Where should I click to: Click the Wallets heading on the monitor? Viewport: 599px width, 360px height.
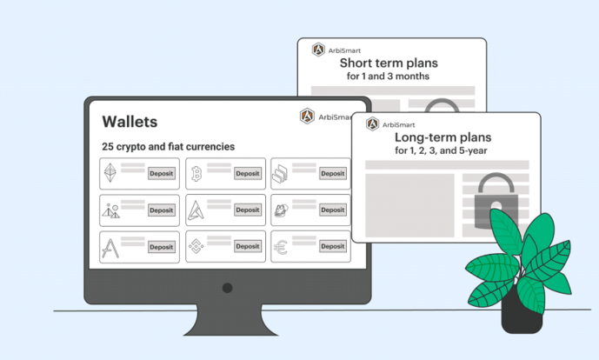130,122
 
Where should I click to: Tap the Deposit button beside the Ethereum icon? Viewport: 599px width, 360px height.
162,174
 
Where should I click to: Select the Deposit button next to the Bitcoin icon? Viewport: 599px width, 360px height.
248,174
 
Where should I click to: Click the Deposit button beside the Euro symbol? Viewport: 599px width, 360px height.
333,246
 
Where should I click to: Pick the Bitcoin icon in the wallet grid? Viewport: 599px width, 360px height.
196,174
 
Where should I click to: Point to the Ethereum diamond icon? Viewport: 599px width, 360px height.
110,173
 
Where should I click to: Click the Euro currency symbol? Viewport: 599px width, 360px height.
281,247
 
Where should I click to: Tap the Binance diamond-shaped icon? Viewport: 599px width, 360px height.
196,246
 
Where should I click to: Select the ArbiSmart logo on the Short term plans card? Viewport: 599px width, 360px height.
318,50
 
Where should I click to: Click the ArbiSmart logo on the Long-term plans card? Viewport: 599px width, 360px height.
372,123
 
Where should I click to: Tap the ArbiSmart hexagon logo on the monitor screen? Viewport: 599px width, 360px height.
307,117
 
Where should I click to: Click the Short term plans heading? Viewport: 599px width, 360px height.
389,63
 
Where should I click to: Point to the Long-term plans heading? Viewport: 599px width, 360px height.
443,137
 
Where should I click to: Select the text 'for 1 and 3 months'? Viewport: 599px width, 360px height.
388,77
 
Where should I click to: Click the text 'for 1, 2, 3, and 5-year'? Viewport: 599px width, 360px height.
441,150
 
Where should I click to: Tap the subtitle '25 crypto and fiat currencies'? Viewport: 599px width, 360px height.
168,147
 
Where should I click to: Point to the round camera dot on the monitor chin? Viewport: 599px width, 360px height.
227,288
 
